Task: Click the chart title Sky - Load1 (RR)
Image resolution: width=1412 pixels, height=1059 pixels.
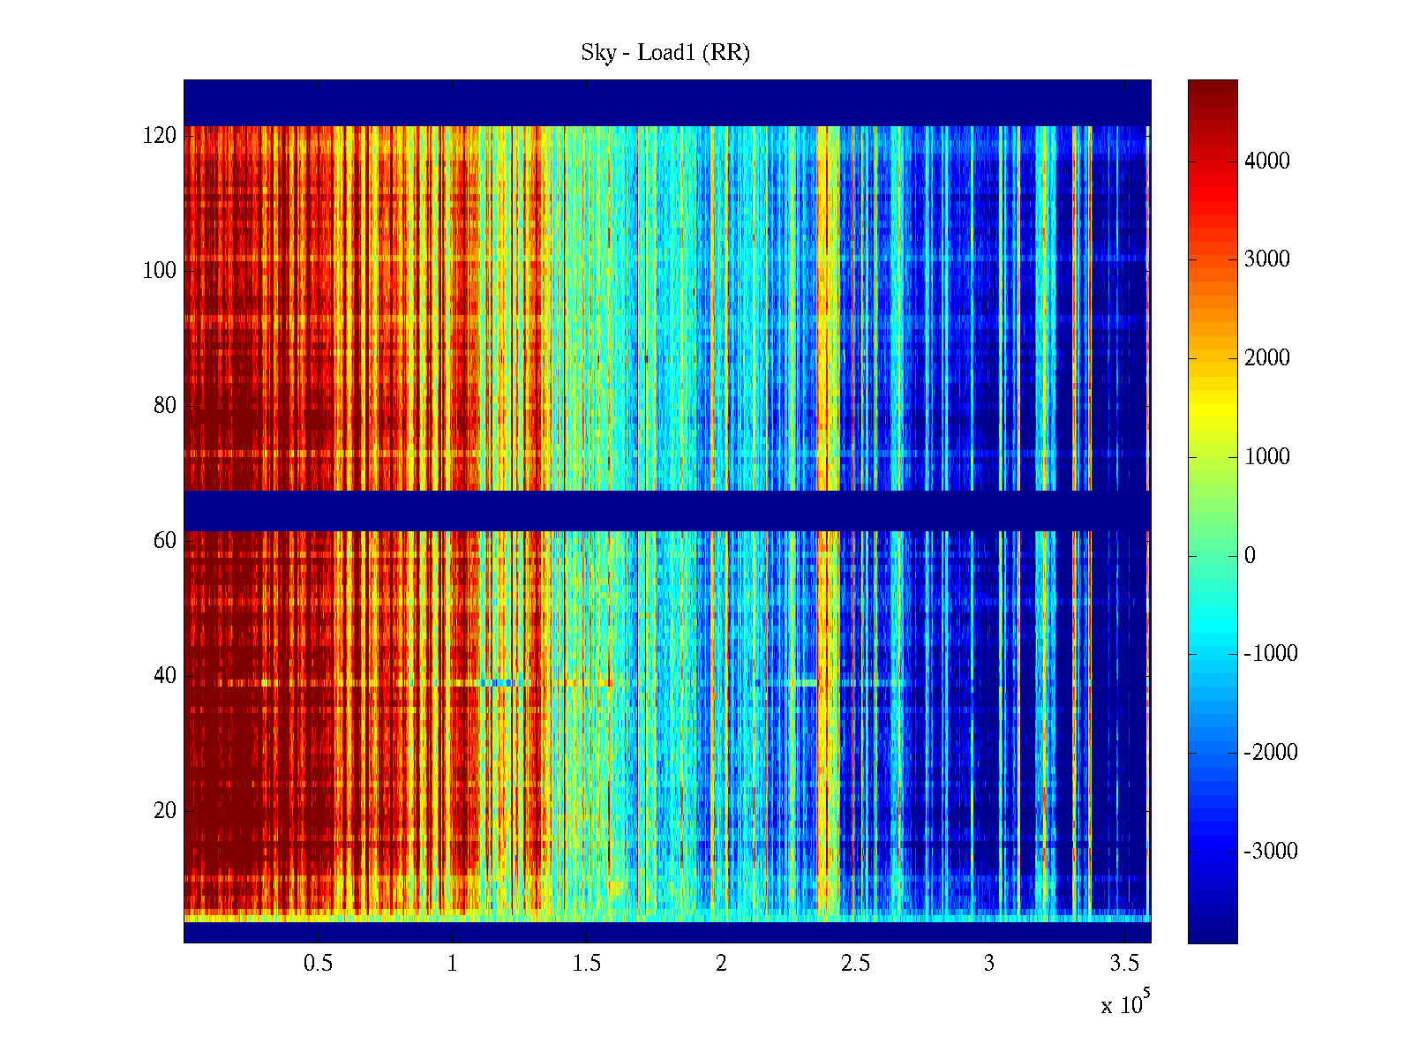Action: coord(665,53)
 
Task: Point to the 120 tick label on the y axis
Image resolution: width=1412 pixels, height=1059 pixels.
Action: coord(160,136)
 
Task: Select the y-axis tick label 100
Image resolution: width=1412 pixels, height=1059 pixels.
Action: coord(160,271)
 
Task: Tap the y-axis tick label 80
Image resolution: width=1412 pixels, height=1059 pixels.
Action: coord(165,406)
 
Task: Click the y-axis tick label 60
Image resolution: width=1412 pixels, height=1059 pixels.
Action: coord(165,541)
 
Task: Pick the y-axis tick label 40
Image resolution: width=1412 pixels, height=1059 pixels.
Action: coord(165,676)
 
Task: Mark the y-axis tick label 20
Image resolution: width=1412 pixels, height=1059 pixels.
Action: coord(165,811)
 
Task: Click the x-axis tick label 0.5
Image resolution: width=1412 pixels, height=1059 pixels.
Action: coord(318,964)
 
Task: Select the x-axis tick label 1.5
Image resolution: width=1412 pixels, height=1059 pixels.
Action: coord(587,964)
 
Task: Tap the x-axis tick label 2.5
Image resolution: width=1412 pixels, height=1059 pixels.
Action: coord(855,964)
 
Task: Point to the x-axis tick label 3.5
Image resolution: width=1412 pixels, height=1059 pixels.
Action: coord(1124,964)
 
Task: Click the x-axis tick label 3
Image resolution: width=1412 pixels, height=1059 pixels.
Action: coord(989,964)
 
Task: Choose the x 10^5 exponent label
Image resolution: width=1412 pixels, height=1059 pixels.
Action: coord(1125,1004)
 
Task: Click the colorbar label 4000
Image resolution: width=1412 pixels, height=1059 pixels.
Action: coord(1266,161)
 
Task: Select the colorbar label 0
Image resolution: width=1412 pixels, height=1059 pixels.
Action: coord(1250,555)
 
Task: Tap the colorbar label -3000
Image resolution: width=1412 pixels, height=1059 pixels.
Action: coord(1270,852)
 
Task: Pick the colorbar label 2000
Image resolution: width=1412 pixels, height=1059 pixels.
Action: coord(1266,357)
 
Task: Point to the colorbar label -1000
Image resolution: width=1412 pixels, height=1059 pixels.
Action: coord(1270,654)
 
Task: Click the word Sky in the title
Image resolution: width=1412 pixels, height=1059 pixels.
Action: coord(597,53)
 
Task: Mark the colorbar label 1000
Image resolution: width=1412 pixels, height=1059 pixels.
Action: coord(1266,456)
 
